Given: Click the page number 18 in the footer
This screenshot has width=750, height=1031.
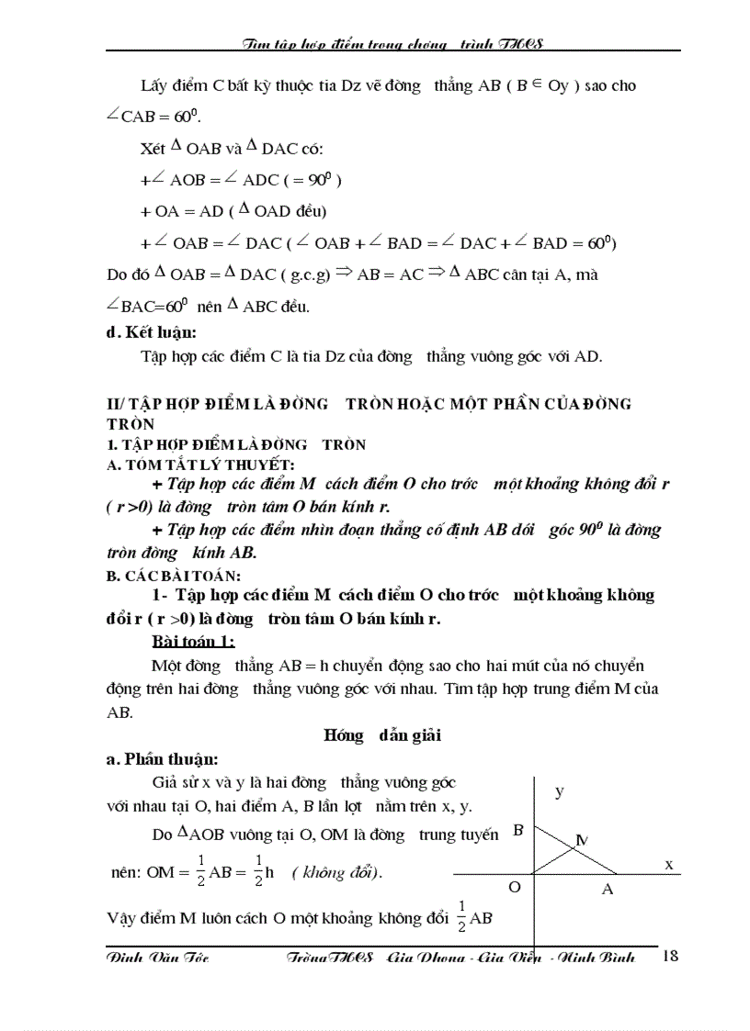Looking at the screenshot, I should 669,957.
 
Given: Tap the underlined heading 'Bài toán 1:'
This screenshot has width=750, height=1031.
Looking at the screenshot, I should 193,640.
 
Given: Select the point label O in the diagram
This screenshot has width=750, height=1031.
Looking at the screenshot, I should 516,887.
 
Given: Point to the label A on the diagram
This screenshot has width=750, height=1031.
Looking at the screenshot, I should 607,889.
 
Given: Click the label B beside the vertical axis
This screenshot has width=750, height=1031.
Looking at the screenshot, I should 518,830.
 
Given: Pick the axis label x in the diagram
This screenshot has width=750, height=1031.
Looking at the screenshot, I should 668,864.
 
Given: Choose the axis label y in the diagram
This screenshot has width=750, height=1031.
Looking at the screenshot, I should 559,791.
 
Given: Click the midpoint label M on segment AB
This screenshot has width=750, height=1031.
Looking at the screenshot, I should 583,839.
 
